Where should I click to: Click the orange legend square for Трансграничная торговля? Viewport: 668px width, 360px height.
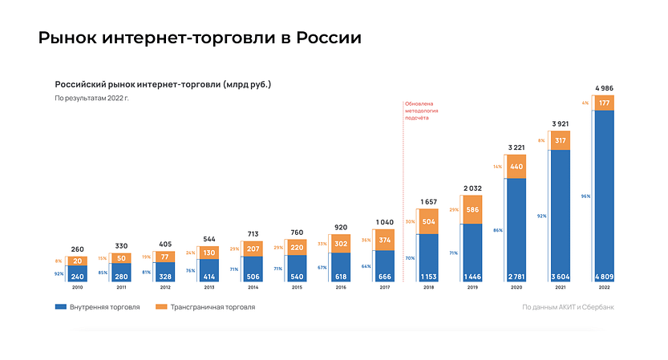[x=160, y=306]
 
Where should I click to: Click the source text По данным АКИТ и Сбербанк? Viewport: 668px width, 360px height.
[x=568, y=307]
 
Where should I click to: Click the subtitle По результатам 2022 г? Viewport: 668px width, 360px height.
[x=91, y=98]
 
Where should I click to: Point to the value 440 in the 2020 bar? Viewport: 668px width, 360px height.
[x=516, y=167]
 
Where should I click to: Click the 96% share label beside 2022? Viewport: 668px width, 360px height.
[x=585, y=195]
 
